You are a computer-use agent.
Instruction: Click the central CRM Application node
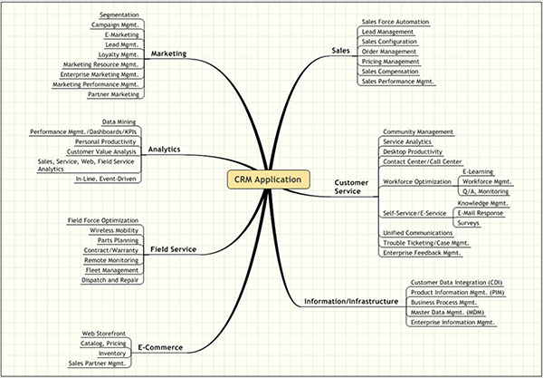point(267,179)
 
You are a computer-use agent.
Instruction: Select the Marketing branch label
point(168,53)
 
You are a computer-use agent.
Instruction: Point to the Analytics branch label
point(164,149)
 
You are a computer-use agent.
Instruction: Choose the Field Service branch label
point(172,248)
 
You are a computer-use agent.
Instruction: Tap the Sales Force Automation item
point(395,21)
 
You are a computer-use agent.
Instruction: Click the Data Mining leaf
point(119,121)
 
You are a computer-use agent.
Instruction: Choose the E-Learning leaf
point(478,171)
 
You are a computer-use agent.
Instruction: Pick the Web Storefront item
point(103,334)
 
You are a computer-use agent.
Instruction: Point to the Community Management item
point(417,131)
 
